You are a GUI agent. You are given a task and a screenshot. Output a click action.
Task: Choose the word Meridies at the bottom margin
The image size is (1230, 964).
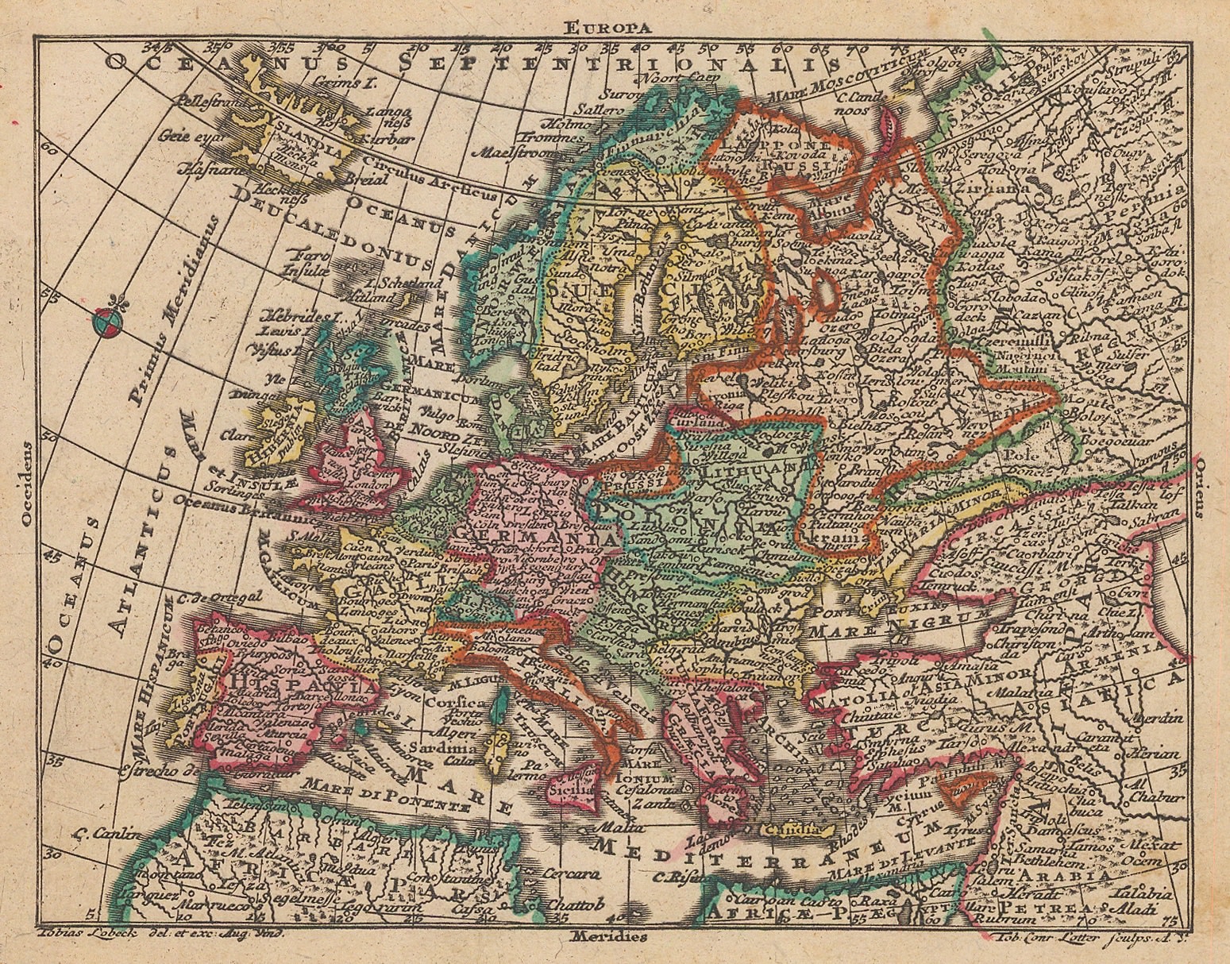tap(608, 936)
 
